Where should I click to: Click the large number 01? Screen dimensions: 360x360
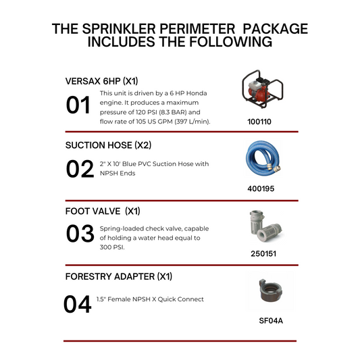click(x=79, y=106)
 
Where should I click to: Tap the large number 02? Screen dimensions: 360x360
click(x=80, y=169)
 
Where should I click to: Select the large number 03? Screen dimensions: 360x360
click(x=80, y=234)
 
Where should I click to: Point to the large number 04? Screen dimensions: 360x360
click(x=78, y=303)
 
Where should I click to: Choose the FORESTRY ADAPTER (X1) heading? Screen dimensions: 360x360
click(x=119, y=277)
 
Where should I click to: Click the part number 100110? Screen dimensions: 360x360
click(x=263, y=124)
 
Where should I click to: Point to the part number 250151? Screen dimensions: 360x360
click(x=263, y=255)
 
